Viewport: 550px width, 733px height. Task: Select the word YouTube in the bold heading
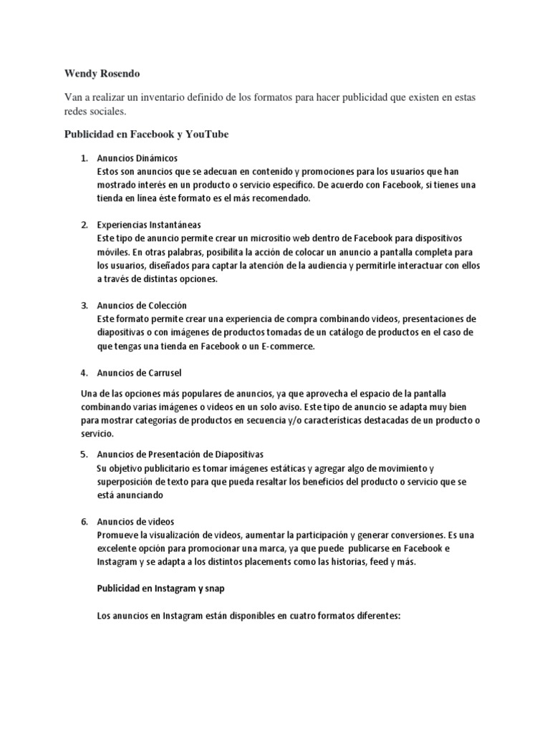tap(203, 134)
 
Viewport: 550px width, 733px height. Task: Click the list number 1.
tap(83, 157)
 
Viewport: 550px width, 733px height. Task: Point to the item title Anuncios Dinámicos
tap(137, 157)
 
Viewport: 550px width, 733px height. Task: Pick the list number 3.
tap(83, 305)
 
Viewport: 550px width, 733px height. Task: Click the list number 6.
tap(83, 522)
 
